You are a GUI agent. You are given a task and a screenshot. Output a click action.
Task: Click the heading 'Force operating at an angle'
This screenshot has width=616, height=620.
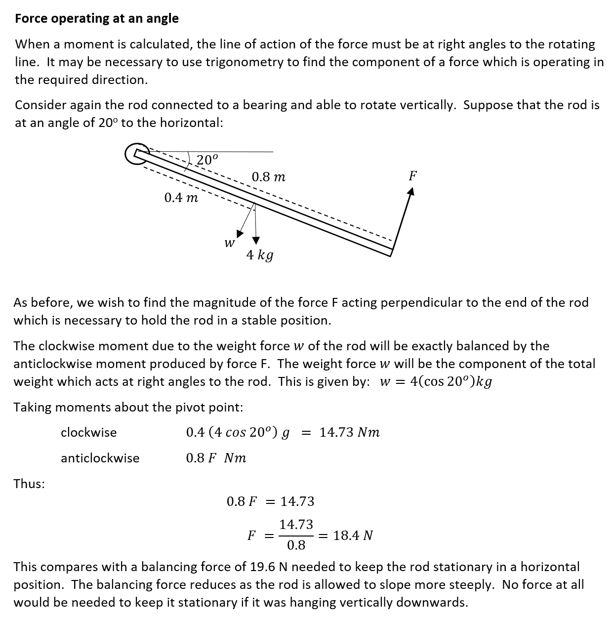tap(97, 19)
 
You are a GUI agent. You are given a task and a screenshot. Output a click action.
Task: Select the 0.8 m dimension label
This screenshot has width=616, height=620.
tap(268, 177)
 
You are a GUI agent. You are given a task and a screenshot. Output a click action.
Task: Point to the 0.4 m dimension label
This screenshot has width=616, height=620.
tap(181, 198)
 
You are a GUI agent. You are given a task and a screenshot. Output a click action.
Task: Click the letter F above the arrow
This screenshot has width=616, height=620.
tap(413, 175)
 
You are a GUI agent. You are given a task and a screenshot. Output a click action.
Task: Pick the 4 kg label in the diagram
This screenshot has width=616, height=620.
tap(260, 255)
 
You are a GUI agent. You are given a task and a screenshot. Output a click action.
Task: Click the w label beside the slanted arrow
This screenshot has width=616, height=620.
tap(229, 243)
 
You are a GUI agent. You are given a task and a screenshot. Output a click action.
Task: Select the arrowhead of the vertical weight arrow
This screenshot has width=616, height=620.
tap(256, 240)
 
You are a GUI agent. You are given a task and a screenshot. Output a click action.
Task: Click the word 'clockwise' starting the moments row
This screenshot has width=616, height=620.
tap(89, 432)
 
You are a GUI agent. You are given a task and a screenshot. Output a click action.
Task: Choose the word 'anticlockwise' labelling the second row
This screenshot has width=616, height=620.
tap(100, 458)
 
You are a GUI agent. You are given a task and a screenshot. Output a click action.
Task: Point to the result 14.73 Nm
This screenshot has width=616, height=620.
tap(350, 432)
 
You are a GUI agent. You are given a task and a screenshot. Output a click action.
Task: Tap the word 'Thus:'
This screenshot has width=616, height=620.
tap(29, 484)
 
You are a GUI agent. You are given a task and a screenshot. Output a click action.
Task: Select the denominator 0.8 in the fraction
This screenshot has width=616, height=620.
tap(296, 545)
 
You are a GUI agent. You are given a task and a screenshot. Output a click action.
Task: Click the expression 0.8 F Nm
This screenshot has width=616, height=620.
tap(216, 458)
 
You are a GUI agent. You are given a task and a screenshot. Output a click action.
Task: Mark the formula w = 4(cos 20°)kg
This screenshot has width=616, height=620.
tap(436, 382)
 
